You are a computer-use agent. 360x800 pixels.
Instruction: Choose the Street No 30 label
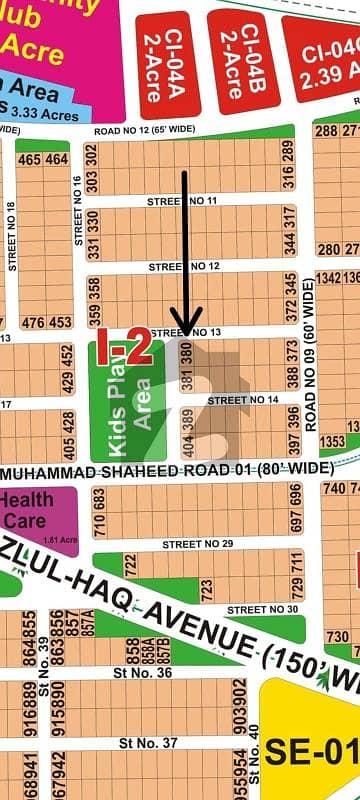(x=262, y=609)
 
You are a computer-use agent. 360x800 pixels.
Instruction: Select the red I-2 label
(x=123, y=349)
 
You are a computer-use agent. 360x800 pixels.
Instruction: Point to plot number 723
(x=206, y=590)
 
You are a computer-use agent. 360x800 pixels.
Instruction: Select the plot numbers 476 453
(x=46, y=322)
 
